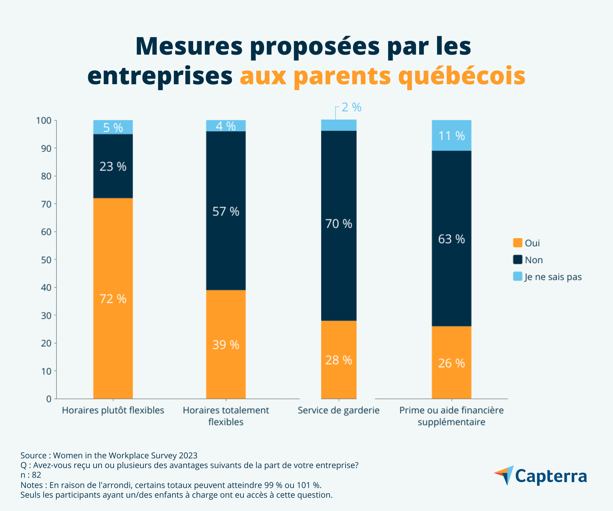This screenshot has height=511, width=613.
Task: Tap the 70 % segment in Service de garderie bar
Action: pos(339,225)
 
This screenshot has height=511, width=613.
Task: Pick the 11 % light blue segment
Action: pos(452,135)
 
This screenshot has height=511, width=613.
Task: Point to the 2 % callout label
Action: pos(351,108)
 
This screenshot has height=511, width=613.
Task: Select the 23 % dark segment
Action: pos(113,166)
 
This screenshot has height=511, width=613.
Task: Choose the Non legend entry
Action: pos(534,260)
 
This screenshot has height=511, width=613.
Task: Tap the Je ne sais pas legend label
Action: pos(553,277)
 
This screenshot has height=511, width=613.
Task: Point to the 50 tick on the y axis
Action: pos(46,260)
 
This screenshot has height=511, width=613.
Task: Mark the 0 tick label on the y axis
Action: pos(49,399)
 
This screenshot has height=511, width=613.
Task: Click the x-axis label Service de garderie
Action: pos(339,410)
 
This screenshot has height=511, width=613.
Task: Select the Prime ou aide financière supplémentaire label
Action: pos(452,416)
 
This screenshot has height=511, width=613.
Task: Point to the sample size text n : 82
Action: pos(31,475)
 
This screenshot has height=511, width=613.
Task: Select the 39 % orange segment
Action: pos(226,345)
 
